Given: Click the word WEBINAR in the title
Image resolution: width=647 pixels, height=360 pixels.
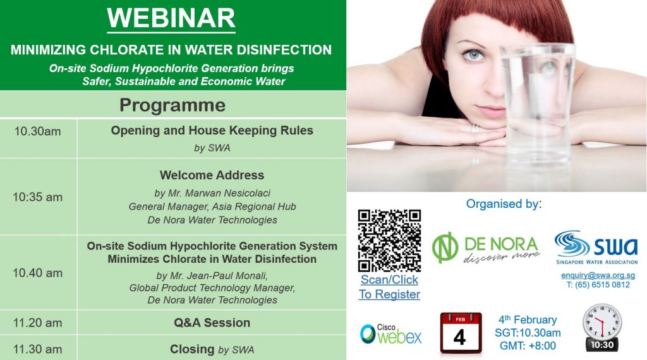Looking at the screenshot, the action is pos(171,18).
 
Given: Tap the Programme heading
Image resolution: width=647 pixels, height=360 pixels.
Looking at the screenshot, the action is pos(172,105).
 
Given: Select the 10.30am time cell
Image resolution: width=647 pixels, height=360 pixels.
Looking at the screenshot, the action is pos(37,131).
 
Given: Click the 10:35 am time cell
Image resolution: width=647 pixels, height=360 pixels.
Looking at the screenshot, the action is pos(37,197).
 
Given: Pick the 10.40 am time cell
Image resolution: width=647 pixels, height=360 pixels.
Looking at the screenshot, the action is pos(37,273).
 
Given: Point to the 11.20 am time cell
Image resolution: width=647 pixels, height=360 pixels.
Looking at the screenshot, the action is pos(37,323).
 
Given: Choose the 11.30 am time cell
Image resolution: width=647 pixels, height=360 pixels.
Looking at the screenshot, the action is pos(37,349).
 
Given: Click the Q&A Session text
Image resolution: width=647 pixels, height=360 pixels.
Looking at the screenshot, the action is pos(212,323).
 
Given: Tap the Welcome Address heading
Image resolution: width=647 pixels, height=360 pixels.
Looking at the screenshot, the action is pos(212,175).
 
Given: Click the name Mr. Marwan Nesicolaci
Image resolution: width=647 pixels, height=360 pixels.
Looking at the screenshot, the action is pos(218,193).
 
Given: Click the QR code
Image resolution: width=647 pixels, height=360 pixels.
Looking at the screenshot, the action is pos(389,241).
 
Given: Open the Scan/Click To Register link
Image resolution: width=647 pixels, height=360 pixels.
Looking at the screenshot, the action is pos(389,287).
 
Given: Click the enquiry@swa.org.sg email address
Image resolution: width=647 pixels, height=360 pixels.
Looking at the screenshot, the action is pos(598,275).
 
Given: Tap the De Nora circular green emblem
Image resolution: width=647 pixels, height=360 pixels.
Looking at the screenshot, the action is pos(445,248).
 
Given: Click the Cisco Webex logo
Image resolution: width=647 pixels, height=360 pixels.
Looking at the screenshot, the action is pos(390,334).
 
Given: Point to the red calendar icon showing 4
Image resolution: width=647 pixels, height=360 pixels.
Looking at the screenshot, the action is pos(461,333).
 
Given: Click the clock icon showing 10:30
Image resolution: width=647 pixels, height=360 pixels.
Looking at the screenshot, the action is pos(602,328).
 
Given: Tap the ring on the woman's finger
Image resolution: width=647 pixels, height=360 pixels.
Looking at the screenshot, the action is pos(475,129).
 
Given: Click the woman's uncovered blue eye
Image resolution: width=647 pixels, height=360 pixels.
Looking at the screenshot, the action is pos(474,54).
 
